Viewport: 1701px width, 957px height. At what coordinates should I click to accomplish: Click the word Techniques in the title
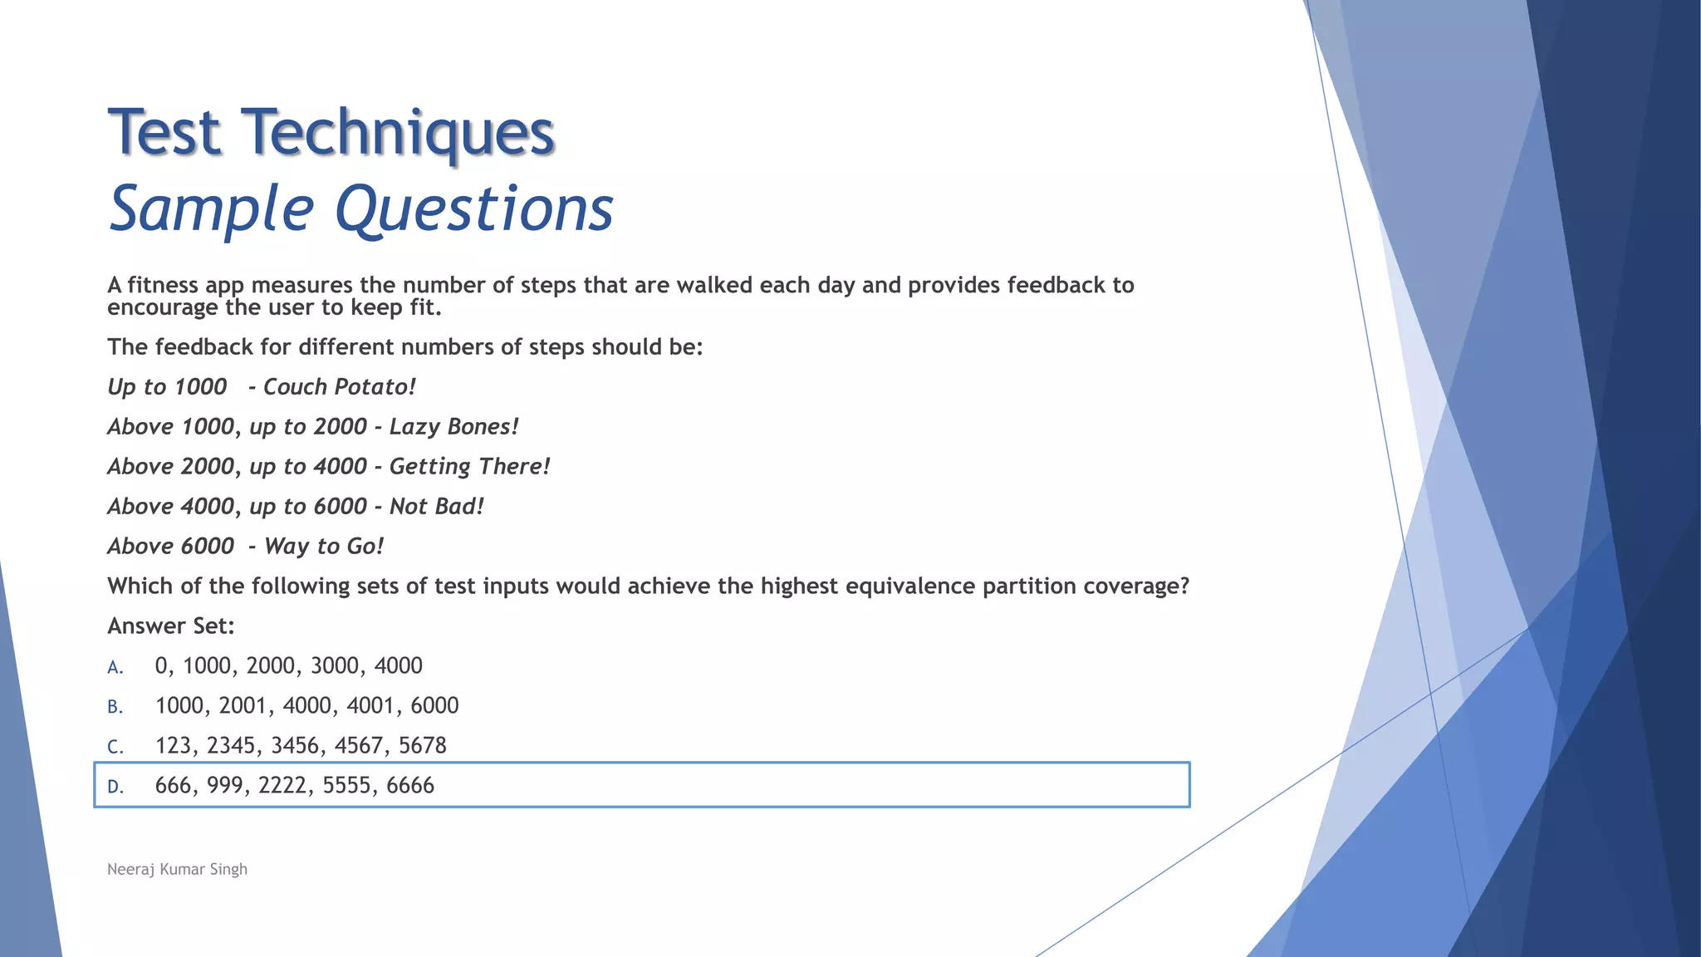(398, 133)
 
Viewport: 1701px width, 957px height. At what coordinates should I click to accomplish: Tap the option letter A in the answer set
(115, 667)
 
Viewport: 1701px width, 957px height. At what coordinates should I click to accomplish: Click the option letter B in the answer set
(115, 707)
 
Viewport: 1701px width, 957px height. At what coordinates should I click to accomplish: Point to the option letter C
(115, 747)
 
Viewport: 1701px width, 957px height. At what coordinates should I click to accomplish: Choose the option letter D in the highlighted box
(115, 787)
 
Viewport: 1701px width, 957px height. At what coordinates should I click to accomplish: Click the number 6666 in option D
(410, 785)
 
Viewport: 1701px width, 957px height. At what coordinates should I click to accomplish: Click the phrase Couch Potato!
(339, 387)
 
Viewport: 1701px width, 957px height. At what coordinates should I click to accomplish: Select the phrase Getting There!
(469, 467)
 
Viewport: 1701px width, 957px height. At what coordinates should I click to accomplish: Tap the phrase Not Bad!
(436, 507)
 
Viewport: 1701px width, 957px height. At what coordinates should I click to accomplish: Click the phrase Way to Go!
(324, 547)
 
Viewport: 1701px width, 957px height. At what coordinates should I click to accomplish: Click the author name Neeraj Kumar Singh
(177, 869)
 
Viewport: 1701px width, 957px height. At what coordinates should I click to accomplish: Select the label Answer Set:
(171, 626)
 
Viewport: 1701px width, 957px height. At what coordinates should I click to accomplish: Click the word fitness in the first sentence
(163, 285)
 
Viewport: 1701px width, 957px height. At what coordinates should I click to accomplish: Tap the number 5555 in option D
(347, 785)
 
